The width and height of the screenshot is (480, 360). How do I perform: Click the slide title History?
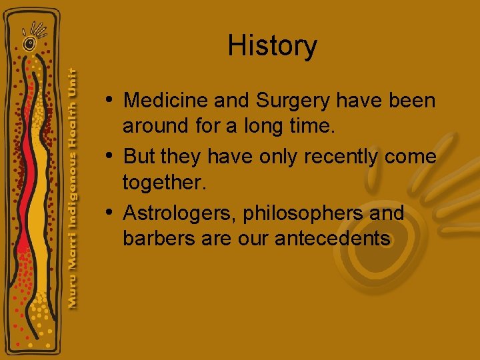pyautogui.click(x=272, y=46)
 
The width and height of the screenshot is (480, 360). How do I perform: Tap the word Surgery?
pyautogui.click(x=293, y=101)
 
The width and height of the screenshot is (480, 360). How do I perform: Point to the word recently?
pyautogui.click(x=341, y=157)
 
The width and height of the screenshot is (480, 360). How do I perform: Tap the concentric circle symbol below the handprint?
pyautogui.click(x=29, y=44)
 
